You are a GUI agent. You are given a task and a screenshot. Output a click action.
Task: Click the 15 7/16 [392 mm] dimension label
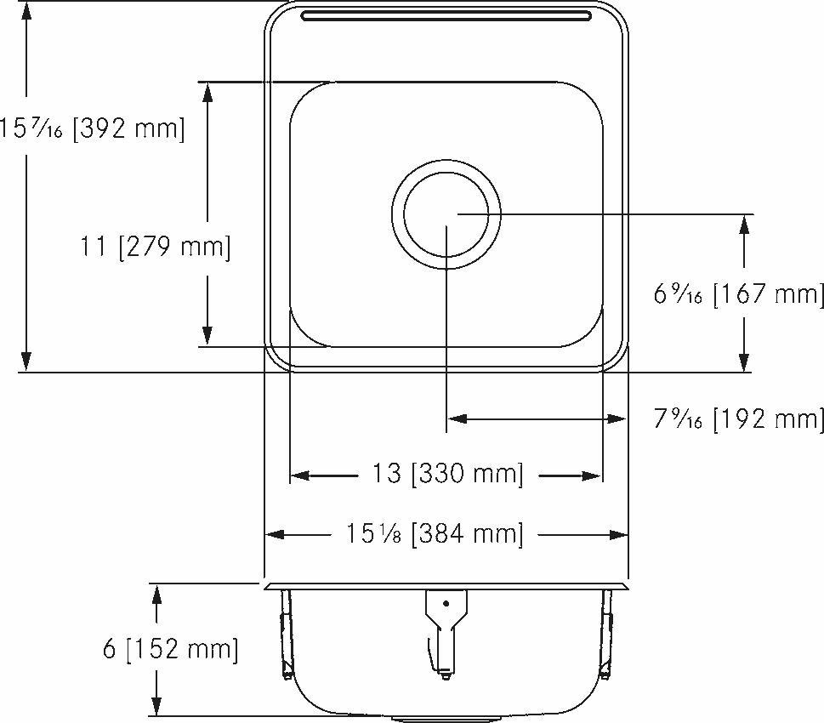[92, 128]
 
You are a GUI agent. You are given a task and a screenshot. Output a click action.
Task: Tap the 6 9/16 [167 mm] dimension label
[738, 294]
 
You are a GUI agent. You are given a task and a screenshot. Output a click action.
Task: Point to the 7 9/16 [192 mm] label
[738, 418]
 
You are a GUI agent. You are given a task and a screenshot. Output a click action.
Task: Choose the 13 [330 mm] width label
[446, 474]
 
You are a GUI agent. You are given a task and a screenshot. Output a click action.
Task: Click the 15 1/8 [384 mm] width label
[434, 534]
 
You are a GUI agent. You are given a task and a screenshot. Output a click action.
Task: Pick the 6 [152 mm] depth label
[170, 650]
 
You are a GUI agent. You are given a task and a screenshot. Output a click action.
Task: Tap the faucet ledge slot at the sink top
[446, 16]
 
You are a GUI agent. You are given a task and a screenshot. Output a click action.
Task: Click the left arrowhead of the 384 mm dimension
[275, 535]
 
